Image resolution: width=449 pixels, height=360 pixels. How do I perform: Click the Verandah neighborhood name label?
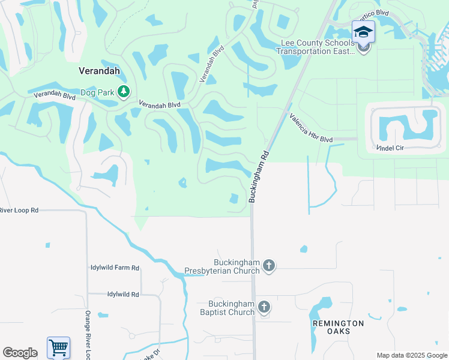tap(99, 71)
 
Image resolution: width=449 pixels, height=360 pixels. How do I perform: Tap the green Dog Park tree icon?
tap(124, 92)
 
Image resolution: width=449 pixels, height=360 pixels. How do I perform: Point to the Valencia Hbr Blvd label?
tap(310, 128)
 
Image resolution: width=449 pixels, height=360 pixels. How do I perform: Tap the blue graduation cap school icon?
tap(363, 31)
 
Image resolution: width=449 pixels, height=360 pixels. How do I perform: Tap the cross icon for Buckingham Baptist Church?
tap(264, 308)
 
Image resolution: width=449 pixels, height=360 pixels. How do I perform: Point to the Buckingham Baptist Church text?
tap(231, 308)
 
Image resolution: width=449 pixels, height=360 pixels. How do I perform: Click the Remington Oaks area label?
tap(338, 327)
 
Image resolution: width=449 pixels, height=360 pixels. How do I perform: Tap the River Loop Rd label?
tap(19, 211)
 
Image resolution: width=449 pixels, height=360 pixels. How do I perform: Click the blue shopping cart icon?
tap(58, 347)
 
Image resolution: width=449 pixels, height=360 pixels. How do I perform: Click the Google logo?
tap(20, 353)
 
